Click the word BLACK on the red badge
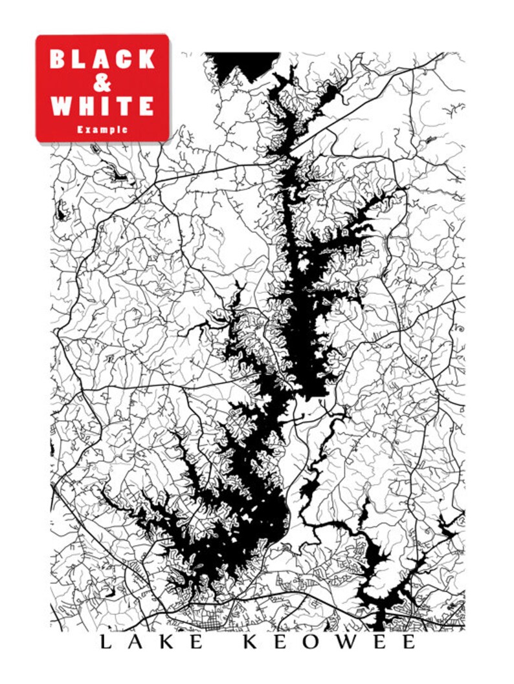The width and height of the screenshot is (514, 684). click(x=102, y=59)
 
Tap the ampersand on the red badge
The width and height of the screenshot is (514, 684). click(x=102, y=82)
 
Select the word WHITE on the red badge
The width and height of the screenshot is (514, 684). click(x=102, y=105)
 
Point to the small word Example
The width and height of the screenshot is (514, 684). click(x=102, y=129)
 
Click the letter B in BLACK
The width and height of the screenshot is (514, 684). click(x=58, y=59)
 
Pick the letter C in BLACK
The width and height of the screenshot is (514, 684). click(x=125, y=59)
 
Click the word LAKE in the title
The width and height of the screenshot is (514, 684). click(x=153, y=642)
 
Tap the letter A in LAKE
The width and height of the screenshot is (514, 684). click(x=137, y=642)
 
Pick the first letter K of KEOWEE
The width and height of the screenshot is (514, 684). click(x=251, y=642)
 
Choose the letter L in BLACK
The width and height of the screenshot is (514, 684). click(x=80, y=59)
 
